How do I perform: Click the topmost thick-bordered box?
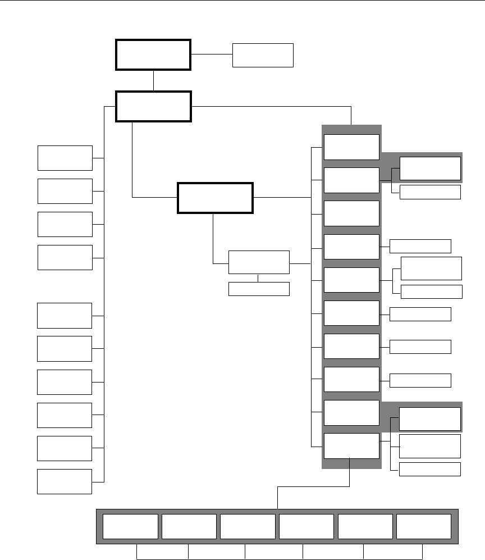(x=153, y=54)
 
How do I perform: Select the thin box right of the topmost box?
(x=263, y=55)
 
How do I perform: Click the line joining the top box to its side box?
(x=212, y=54)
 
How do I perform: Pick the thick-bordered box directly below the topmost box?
(x=153, y=106)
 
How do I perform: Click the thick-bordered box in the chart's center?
(x=215, y=198)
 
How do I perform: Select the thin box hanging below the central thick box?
(x=259, y=262)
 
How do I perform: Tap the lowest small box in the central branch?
(x=259, y=289)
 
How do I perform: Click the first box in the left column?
(x=65, y=158)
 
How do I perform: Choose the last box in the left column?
(x=65, y=481)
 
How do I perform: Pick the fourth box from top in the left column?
(x=65, y=257)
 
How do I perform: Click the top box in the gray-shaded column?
(x=351, y=147)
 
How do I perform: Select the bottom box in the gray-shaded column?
(x=351, y=446)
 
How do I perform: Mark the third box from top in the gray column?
(x=351, y=213)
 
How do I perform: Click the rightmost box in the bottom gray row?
(x=424, y=526)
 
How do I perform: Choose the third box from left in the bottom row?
(x=248, y=526)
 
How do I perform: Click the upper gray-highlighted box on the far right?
(x=430, y=168)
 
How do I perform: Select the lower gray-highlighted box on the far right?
(x=430, y=418)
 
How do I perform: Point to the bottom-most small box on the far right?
(x=430, y=469)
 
